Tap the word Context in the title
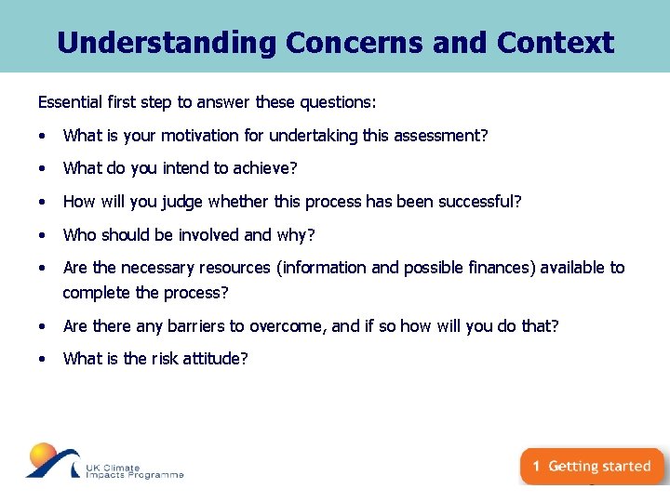[556, 43]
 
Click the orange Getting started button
[592, 467]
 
